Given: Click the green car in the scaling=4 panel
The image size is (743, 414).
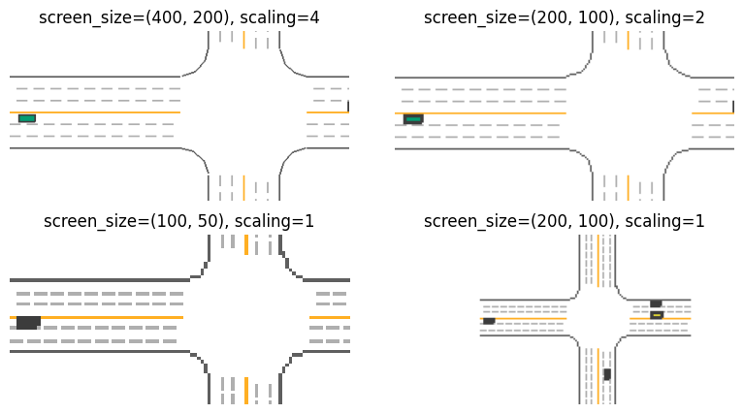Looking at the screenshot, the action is (x=27, y=118).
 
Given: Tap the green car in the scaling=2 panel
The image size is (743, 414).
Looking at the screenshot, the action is (x=413, y=119).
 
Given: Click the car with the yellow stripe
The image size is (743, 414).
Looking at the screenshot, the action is (x=657, y=314).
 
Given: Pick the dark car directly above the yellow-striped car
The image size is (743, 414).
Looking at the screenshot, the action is (x=656, y=303).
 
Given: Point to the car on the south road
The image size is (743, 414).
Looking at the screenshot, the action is (x=607, y=374).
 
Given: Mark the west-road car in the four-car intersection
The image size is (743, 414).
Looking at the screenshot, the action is (x=489, y=321).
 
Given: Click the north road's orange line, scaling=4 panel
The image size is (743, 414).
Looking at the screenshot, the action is (x=244, y=40).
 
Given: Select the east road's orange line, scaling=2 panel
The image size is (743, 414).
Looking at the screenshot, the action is (x=713, y=113).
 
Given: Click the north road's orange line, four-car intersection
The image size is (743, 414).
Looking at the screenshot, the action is (x=598, y=261).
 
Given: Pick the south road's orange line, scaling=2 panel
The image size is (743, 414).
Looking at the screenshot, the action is (x=629, y=187).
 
